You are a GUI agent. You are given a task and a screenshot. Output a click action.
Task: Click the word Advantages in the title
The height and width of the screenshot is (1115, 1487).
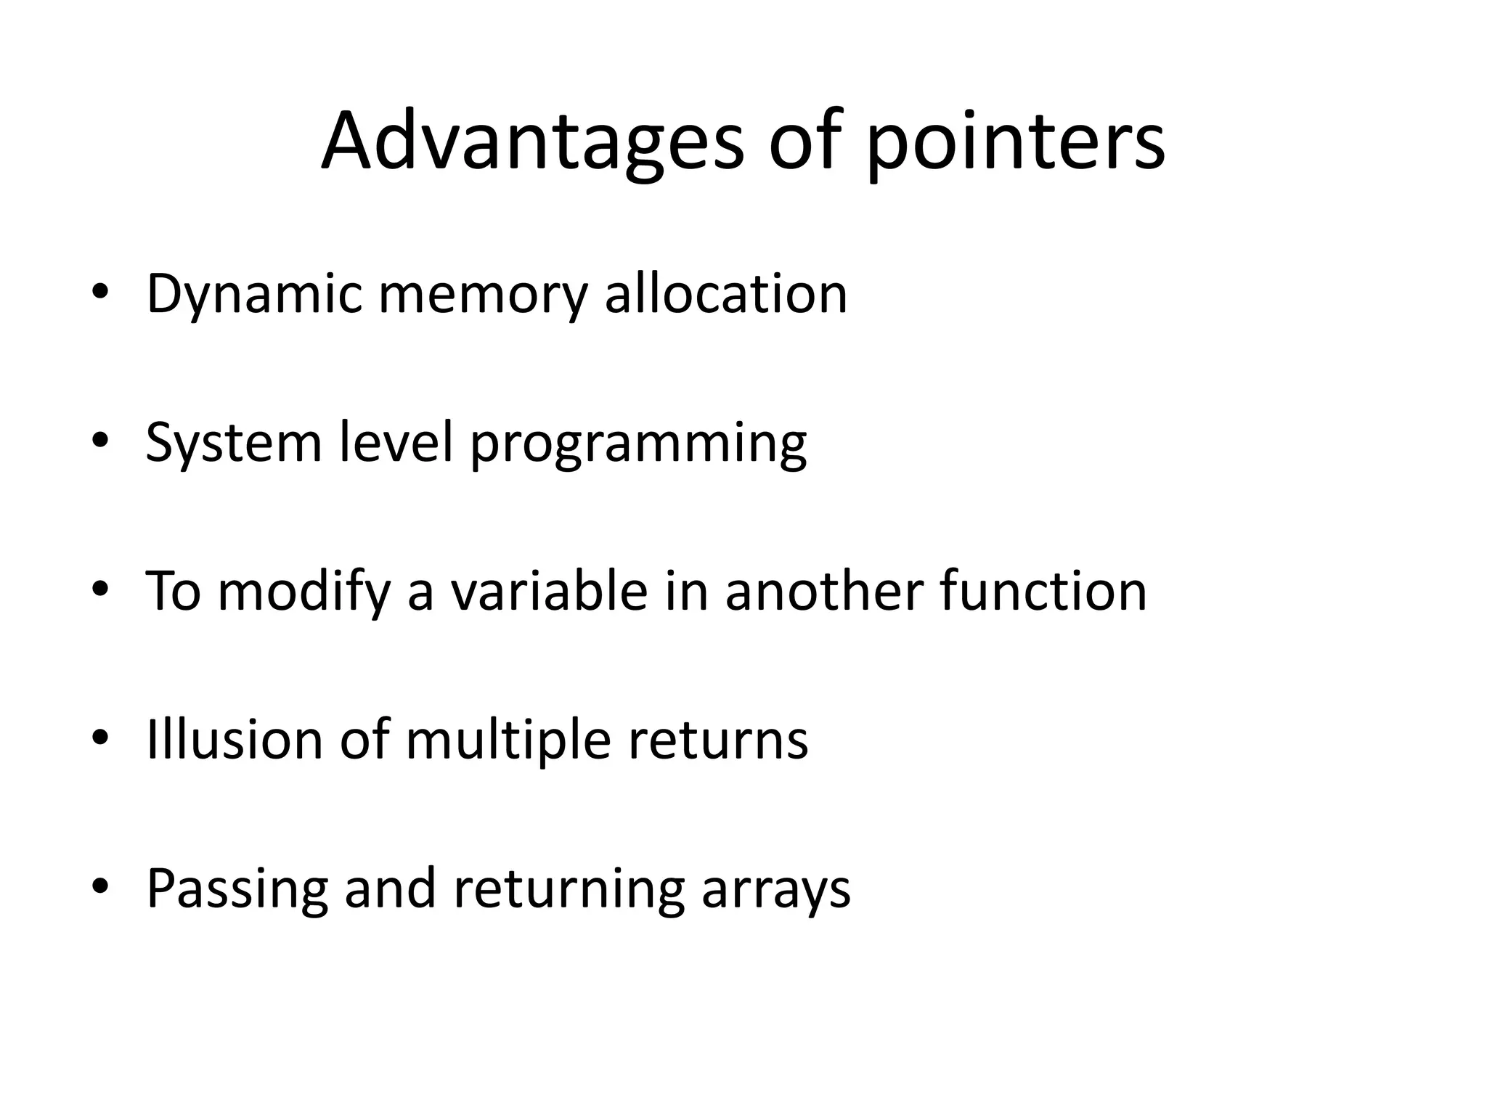click(x=533, y=142)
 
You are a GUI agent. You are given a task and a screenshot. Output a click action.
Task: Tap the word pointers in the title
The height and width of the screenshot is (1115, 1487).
click(x=1016, y=143)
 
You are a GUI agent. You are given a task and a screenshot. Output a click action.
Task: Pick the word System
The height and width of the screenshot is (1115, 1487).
click(x=233, y=443)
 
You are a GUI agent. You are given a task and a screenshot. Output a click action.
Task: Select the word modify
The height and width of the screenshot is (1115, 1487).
click(x=304, y=592)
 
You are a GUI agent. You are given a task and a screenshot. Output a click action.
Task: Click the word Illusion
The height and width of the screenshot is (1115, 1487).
click(x=234, y=739)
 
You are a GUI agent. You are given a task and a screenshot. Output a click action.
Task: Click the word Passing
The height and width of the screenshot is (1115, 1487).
click(x=237, y=889)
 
